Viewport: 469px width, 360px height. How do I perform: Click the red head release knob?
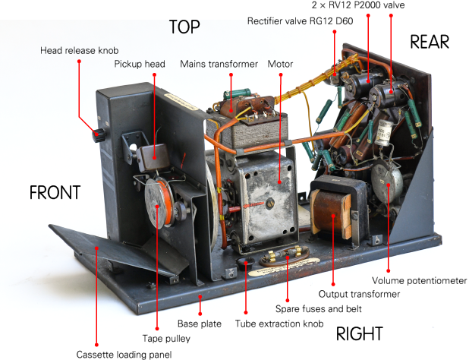click(x=97, y=136)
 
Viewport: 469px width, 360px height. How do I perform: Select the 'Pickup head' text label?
click(x=140, y=64)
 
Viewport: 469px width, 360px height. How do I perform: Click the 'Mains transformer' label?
click(x=219, y=64)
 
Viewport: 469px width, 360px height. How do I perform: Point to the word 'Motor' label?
click(x=280, y=64)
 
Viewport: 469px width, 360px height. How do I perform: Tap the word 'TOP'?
click(x=184, y=27)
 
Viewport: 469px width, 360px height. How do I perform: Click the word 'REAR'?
click(x=430, y=42)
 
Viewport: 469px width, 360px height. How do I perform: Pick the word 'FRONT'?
click(x=55, y=193)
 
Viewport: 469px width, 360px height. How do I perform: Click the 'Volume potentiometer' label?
click(x=426, y=280)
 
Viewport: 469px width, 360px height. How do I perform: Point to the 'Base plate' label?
click(x=200, y=324)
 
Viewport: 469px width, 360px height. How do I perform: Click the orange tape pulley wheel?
click(x=161, y=204)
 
